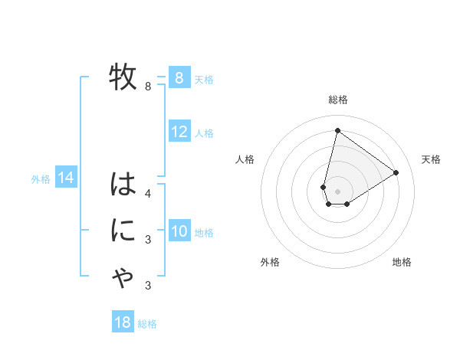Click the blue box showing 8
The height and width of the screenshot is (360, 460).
[x=179, y=77]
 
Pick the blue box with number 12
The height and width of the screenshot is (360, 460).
[x=179, y=132]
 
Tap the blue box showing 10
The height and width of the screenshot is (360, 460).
[x=179, y=231]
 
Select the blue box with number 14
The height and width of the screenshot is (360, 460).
[x=66, y=178]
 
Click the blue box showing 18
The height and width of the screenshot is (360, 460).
[x=123, y=322]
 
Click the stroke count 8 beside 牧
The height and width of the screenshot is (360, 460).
[x=148, y=87]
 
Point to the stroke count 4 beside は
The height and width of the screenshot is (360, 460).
[x=148, y=193]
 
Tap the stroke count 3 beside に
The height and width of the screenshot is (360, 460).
[x=148, y=240]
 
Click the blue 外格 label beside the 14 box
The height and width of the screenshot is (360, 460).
[x=41, y=179]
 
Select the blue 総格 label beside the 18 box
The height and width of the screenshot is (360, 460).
[x=147, y=324]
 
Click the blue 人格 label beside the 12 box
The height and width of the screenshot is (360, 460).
[x=204, y=133]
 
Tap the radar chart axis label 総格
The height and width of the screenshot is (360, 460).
[x=337, y=100]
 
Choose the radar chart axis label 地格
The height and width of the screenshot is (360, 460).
[x=402, y=262]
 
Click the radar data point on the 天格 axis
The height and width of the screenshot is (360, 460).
[x=396, y=172]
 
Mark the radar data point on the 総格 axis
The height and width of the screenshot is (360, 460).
[x=337, y=130]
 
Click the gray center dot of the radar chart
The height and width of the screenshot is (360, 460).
[x=337, y=191]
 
